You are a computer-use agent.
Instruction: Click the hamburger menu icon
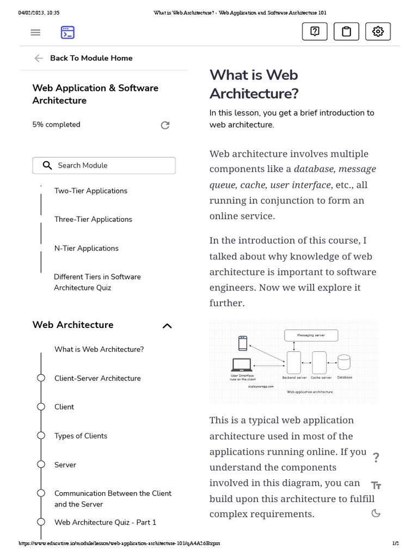pos(35,33)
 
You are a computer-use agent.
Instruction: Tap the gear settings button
pos(378,32)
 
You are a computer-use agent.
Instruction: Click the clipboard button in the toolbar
pos(346,32)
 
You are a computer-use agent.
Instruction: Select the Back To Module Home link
pos(91,58)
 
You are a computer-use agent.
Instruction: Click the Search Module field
pos(104,165)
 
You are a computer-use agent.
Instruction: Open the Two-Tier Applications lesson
pos(91,191)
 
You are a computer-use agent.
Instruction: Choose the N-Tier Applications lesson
pos(87,249)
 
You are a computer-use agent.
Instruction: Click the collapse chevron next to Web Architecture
pos(167,326)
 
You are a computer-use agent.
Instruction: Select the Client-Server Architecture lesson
pos(97,379)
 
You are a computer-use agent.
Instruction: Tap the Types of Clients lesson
pos(81,436)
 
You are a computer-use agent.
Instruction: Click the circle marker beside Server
pos(41,465)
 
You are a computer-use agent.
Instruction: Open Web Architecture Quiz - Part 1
pos(105,522)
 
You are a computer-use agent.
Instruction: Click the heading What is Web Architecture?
pos(254,84)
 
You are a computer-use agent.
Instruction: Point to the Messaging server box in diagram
pos(311,336)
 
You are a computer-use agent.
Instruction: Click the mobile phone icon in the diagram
pos(243,344)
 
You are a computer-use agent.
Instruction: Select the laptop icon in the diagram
pos(241,365)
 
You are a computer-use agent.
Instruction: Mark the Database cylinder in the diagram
pos(344,363)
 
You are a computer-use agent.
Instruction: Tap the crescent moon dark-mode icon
pos(376,513)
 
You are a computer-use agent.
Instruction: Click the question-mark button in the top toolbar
pos(315,32)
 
